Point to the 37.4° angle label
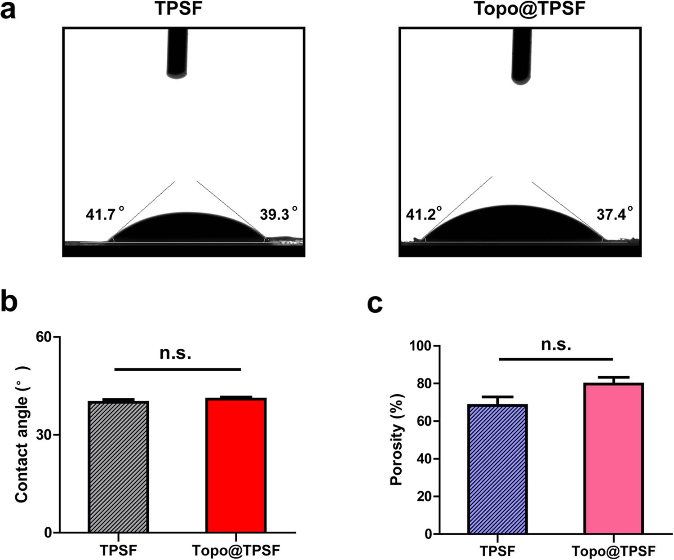(x=615, y=214)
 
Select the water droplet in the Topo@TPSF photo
(x=512, y=225)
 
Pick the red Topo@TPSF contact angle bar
(x=236, y=465)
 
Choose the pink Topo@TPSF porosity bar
(x=614, y=458)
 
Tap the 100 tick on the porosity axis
(x=419, y=346)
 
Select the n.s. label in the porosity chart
(x=556, y=345)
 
